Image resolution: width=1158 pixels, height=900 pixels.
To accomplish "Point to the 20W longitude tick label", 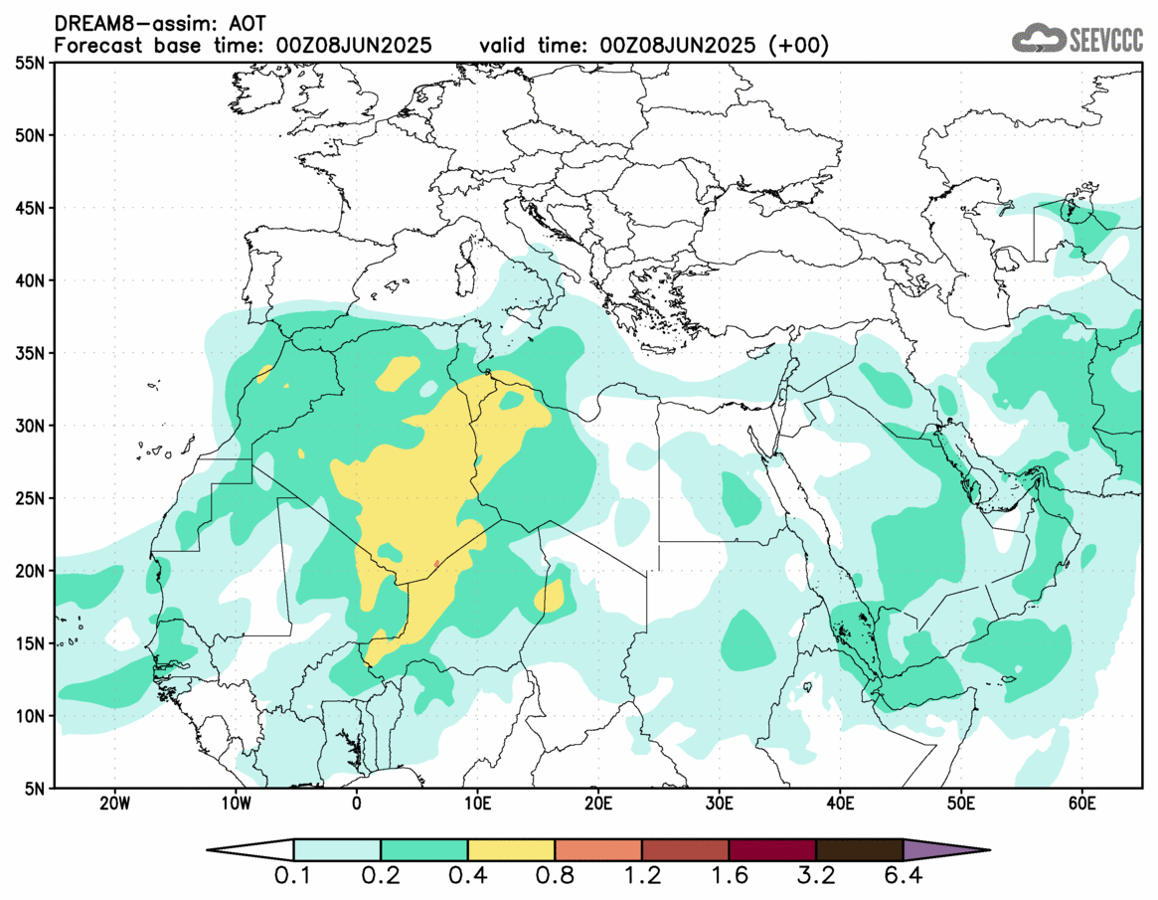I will pyautogui.click(x=113, y=803).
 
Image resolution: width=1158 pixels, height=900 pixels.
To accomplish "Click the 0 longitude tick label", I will pyautogui.click(x=356, y=803).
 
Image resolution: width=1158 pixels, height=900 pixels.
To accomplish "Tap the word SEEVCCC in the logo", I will pyautogui.click(x=1105, y=39).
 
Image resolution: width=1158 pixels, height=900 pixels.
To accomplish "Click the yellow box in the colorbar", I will pyautogui.click(x=511, y=849).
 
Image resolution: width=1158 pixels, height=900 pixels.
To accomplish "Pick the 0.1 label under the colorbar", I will pyautogui.click(x=294, y=878).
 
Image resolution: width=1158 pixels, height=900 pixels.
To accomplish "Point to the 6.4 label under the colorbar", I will pyautogui.click(x=903, y=878).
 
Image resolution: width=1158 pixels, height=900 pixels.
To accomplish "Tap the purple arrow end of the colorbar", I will pyautogui.click(x=944, y=849).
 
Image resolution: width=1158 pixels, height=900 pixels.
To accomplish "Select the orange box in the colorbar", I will pyautogui.click(x=597, y=849).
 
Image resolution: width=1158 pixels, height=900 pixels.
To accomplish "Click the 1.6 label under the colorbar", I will pyautogui.click(x=729, y=878).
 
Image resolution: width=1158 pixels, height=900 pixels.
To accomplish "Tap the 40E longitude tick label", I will pyautogui.click(x=840, y=803).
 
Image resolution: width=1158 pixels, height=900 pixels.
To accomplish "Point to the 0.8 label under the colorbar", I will pyautogui.click(x=555, y=878).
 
